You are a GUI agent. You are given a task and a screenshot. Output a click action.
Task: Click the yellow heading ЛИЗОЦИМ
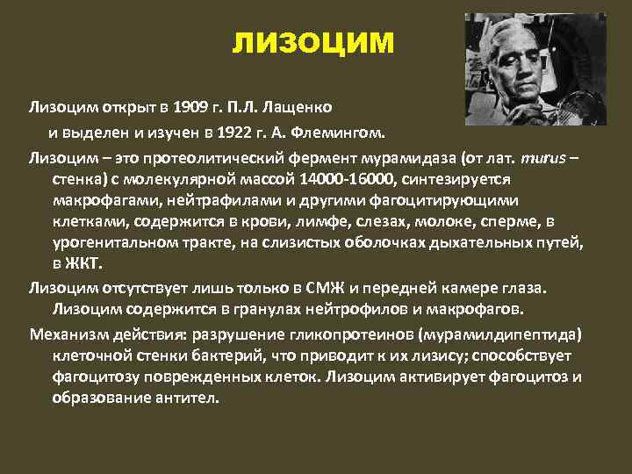pos(313,43)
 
